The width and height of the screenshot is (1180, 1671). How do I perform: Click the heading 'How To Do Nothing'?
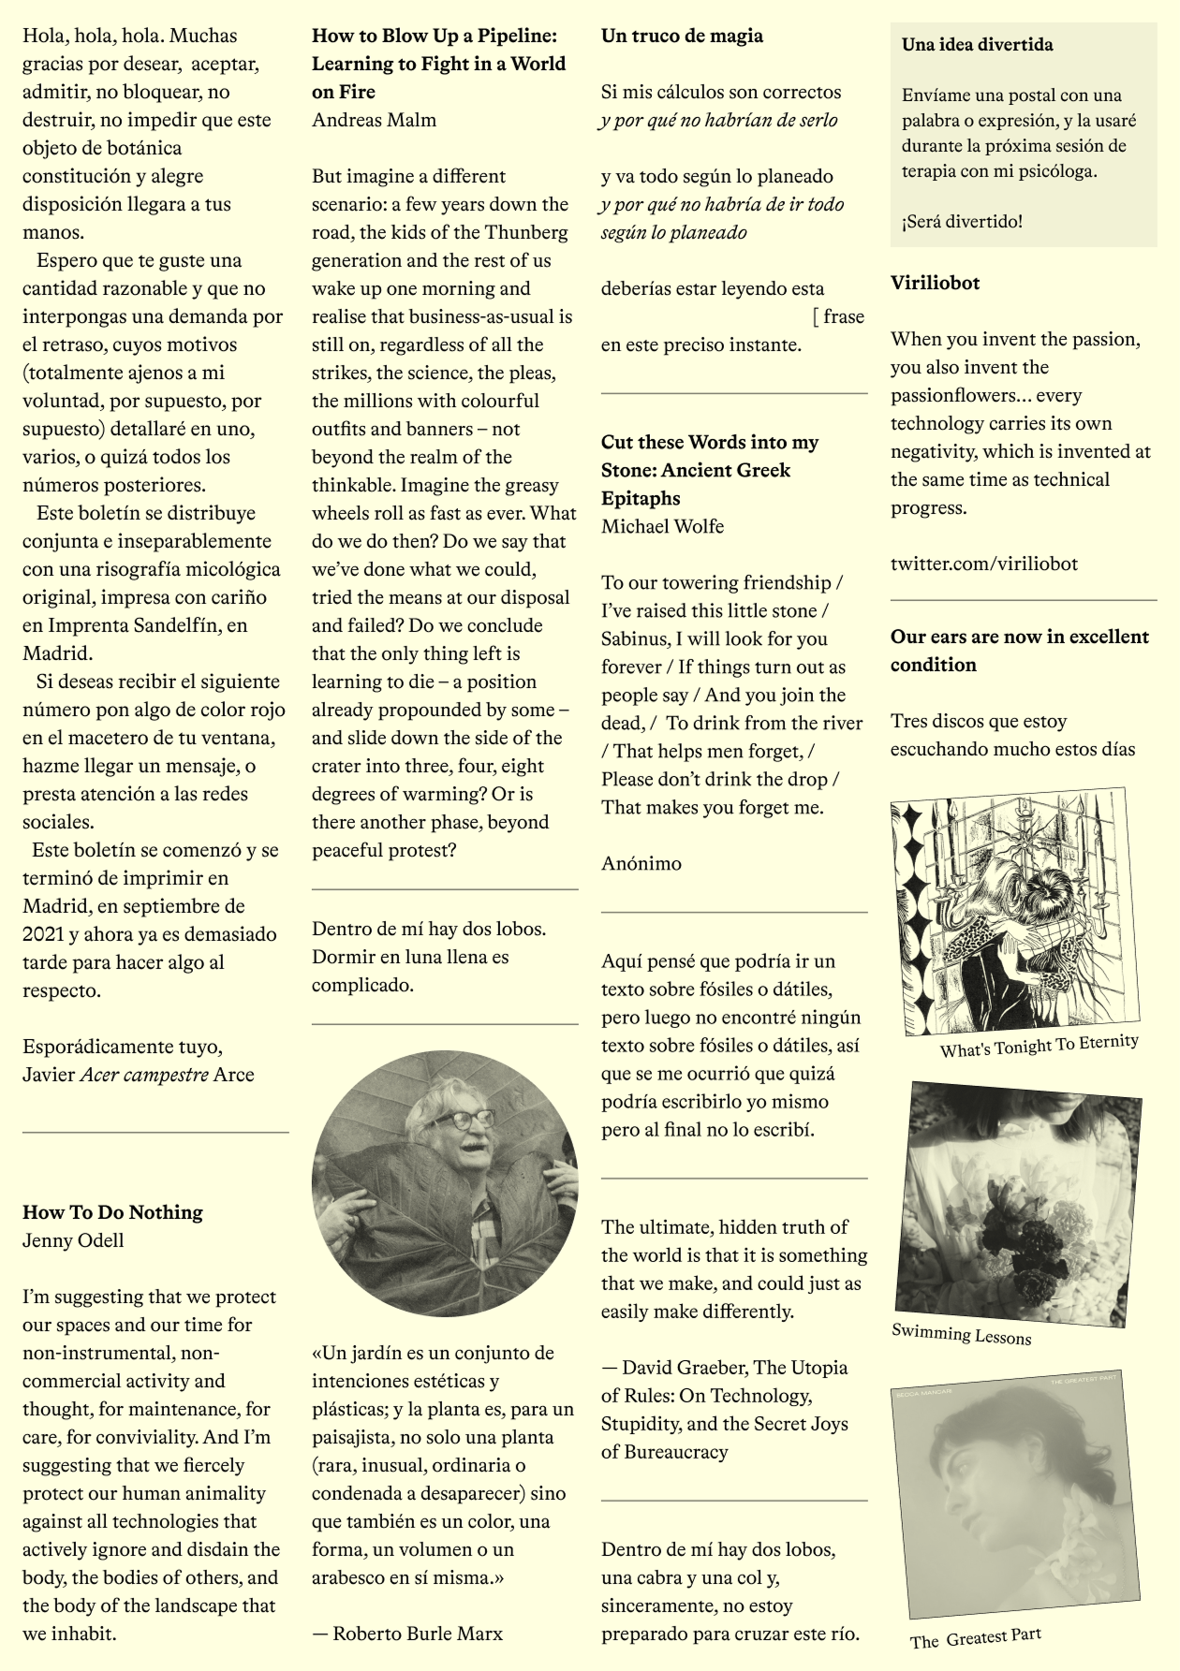112,1212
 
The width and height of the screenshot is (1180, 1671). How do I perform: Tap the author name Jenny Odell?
73,1240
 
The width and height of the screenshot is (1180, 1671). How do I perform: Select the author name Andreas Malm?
374,120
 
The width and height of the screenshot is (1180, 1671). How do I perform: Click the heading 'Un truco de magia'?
682,36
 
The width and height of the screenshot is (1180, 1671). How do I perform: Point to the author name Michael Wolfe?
662,526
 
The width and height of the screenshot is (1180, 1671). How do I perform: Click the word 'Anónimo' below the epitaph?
642,863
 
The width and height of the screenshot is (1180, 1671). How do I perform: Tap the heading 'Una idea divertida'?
977,44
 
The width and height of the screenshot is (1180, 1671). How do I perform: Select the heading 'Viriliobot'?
935,283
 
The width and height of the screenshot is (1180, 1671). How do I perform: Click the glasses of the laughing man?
461,1120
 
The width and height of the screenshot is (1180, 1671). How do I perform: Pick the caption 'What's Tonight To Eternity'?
1039,1046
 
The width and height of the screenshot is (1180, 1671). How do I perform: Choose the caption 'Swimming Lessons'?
961,1334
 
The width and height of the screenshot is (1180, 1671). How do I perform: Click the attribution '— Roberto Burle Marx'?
407,1634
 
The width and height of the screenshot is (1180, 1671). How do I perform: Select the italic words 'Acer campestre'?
144,1075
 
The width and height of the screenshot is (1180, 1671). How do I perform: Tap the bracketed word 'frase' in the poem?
843,316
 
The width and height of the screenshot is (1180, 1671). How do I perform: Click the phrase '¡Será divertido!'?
962,221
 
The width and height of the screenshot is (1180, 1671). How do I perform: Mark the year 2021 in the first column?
44,934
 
